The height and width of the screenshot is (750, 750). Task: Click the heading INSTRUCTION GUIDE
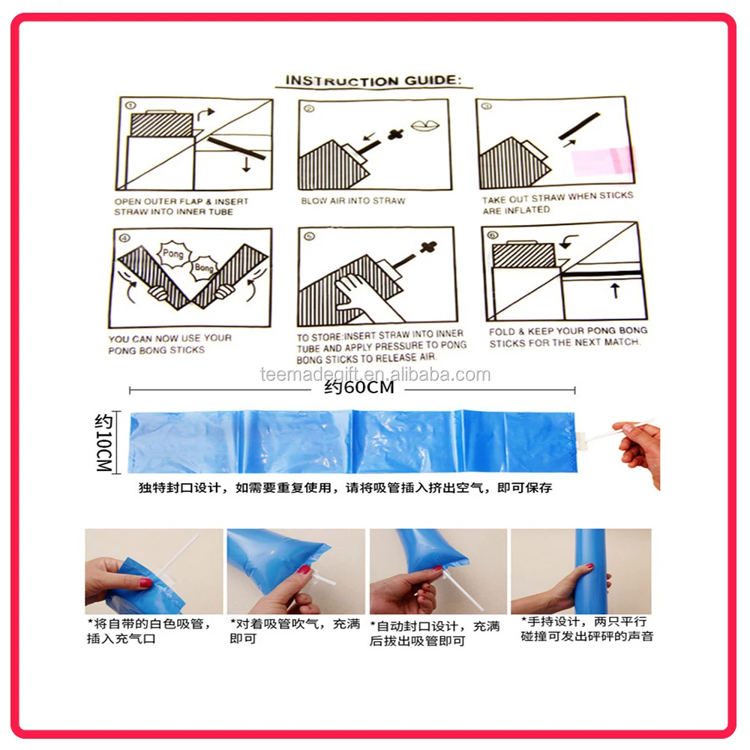373,80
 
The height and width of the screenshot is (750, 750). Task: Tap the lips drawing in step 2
424,125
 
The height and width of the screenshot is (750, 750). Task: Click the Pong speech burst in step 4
173,253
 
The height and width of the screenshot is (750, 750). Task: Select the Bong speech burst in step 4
204,267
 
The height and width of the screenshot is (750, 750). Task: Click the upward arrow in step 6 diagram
616,290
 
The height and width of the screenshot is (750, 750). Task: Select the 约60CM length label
359,387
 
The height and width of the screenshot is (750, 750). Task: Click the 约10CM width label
103,442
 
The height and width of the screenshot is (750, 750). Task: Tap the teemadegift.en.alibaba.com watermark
376,374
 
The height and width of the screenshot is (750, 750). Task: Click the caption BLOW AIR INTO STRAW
353,201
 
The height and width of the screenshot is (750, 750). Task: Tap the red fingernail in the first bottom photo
145,582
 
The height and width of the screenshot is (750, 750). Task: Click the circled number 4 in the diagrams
124,238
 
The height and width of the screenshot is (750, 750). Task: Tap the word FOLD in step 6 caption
501,332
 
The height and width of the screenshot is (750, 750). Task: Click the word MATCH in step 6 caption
621,342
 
